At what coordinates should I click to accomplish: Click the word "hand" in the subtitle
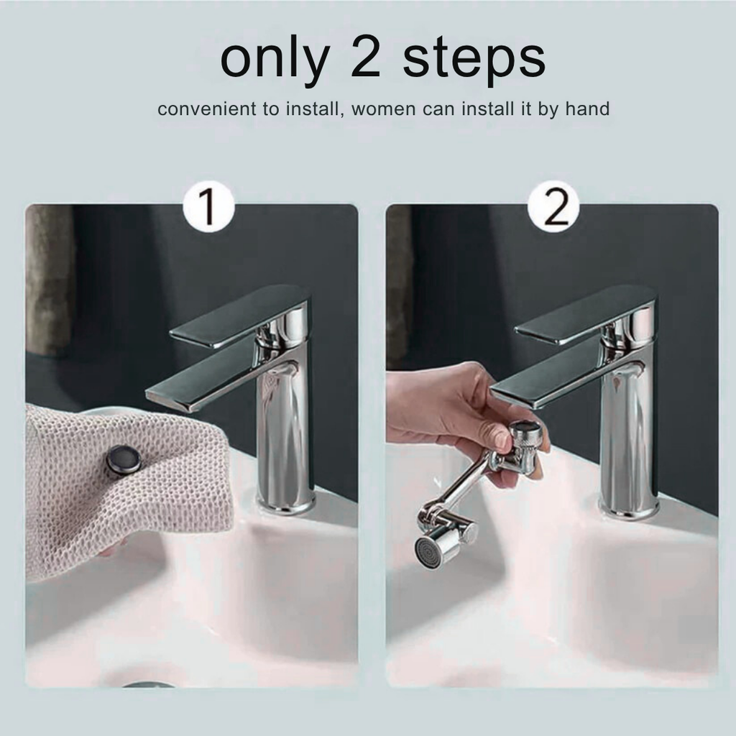tap(587, 109)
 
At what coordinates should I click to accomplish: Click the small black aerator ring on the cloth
tap(124, 459)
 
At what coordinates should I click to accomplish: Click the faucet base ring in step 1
tap(285, 505)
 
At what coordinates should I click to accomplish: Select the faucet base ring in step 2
tap(628, 509)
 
